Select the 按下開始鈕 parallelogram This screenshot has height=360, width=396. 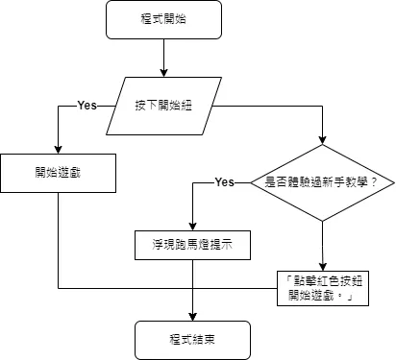click(164, 104)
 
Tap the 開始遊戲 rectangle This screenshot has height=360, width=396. click(59, 173)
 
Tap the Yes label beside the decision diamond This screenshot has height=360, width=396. click(225, 181)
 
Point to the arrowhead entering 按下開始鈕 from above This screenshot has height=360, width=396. click(165, 73)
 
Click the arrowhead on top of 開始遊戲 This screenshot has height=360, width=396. click(59, 149)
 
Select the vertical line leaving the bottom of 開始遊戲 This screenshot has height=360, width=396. click(59, 240)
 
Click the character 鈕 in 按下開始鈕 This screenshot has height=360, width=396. click(187, 104)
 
